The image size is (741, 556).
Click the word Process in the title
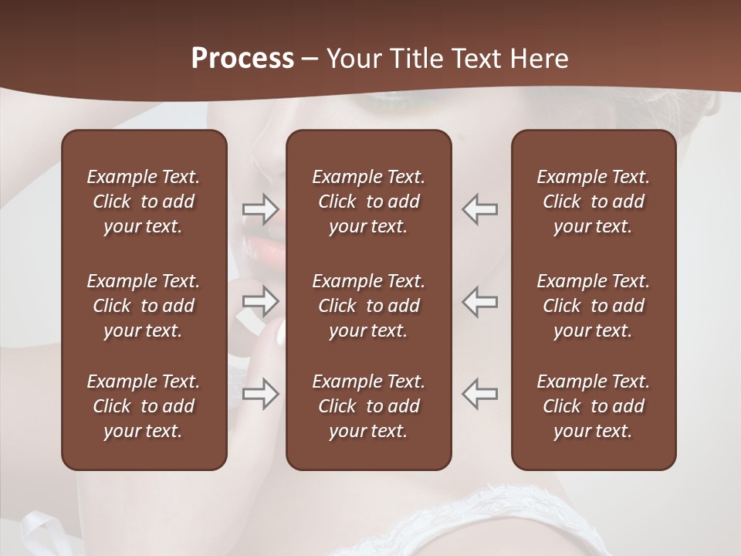242,59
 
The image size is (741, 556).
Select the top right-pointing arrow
260,208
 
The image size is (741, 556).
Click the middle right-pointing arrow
260,301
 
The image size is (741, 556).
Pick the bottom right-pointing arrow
260,393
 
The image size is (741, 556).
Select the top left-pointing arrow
480,208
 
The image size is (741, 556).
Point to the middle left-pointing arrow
480,301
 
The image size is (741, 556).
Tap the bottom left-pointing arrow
480,393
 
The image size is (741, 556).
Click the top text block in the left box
144,202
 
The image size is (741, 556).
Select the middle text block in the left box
144,306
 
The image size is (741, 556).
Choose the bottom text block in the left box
144,406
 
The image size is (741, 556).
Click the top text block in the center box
368,202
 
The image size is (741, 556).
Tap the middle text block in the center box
368,306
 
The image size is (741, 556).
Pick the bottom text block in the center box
368,406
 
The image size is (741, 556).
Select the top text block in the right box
593,202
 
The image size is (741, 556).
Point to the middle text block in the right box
593,306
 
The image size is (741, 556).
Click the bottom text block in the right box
593,406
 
